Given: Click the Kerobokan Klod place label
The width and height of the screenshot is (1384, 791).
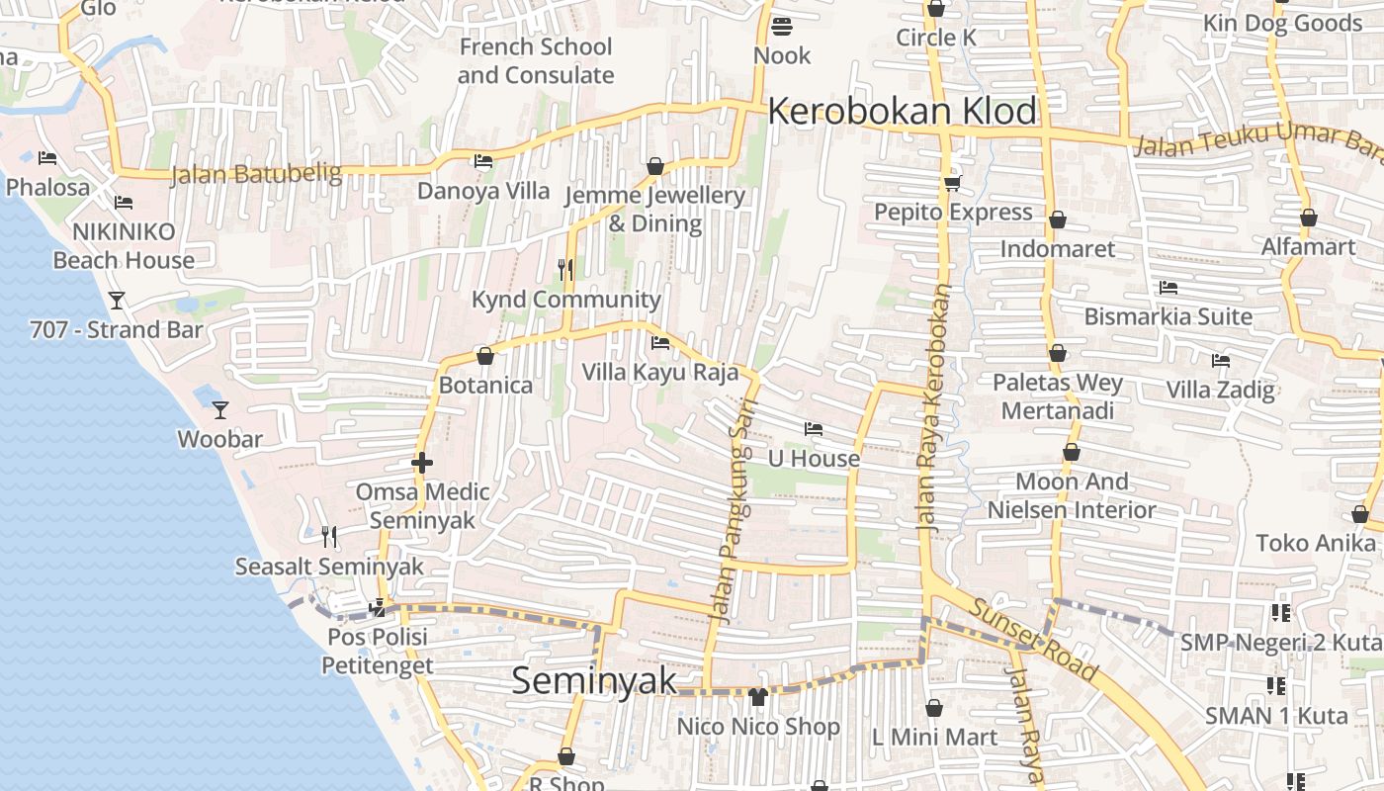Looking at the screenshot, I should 902,111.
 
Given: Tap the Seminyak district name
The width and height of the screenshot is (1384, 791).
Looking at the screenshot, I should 594,680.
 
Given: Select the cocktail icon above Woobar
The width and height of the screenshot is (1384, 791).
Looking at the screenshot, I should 219,409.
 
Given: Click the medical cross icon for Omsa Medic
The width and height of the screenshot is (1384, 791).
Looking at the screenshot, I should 422,462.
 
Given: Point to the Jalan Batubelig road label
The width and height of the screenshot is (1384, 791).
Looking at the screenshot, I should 255,175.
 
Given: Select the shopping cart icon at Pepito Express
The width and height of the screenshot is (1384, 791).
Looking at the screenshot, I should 953,183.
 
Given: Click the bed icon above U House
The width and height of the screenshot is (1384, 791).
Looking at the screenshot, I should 814,429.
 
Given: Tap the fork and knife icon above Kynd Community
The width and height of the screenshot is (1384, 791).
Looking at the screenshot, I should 565,269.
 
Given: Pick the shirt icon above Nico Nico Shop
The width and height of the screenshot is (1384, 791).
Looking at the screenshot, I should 758,697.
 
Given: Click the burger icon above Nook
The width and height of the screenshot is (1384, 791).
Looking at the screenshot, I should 782,26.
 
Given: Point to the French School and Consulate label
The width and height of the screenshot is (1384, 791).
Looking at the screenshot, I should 535,60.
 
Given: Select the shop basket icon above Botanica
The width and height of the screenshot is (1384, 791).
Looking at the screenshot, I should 485,356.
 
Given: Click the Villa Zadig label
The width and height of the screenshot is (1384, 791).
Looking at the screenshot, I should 1220,389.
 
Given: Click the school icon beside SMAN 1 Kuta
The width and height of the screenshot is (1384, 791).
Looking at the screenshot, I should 1275,685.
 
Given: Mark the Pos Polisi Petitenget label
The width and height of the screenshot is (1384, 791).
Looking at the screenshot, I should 377,651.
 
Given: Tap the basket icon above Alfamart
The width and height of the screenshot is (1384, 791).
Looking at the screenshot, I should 1308,218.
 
